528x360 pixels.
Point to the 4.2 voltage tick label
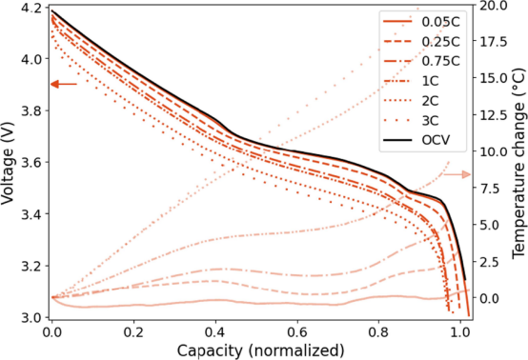point(30,8)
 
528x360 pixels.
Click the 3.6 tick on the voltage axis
point(30,163)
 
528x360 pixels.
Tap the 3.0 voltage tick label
point(30,317)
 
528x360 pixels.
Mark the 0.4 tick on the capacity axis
point(215,332)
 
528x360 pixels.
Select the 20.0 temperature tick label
point(493,6)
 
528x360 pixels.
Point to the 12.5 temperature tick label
point(493,115)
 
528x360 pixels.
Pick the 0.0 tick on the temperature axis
point(489,298)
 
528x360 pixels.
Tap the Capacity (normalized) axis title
point(260,350)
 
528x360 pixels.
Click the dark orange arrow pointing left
point(64,84)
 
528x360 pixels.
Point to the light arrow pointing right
point(457,174)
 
